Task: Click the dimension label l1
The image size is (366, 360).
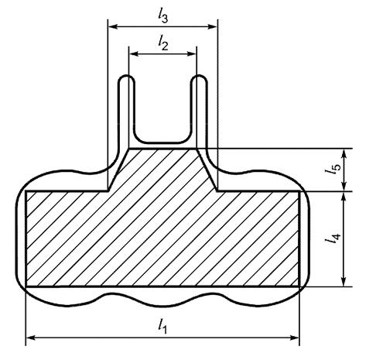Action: pos(162,326)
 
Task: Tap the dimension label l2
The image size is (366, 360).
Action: pos(163,43)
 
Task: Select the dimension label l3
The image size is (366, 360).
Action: pos(163,15)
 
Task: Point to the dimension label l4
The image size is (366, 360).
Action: pos(333,238)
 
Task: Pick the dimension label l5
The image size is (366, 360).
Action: pos(333,170)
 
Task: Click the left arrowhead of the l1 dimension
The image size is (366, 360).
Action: pos(30,338)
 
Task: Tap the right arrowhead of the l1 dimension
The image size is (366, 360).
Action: pos(295,338)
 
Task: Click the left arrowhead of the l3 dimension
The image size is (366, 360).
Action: pos(113,26)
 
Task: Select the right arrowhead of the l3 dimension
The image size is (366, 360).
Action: pos(212,26)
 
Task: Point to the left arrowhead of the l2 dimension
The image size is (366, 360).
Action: pos(134,53)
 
